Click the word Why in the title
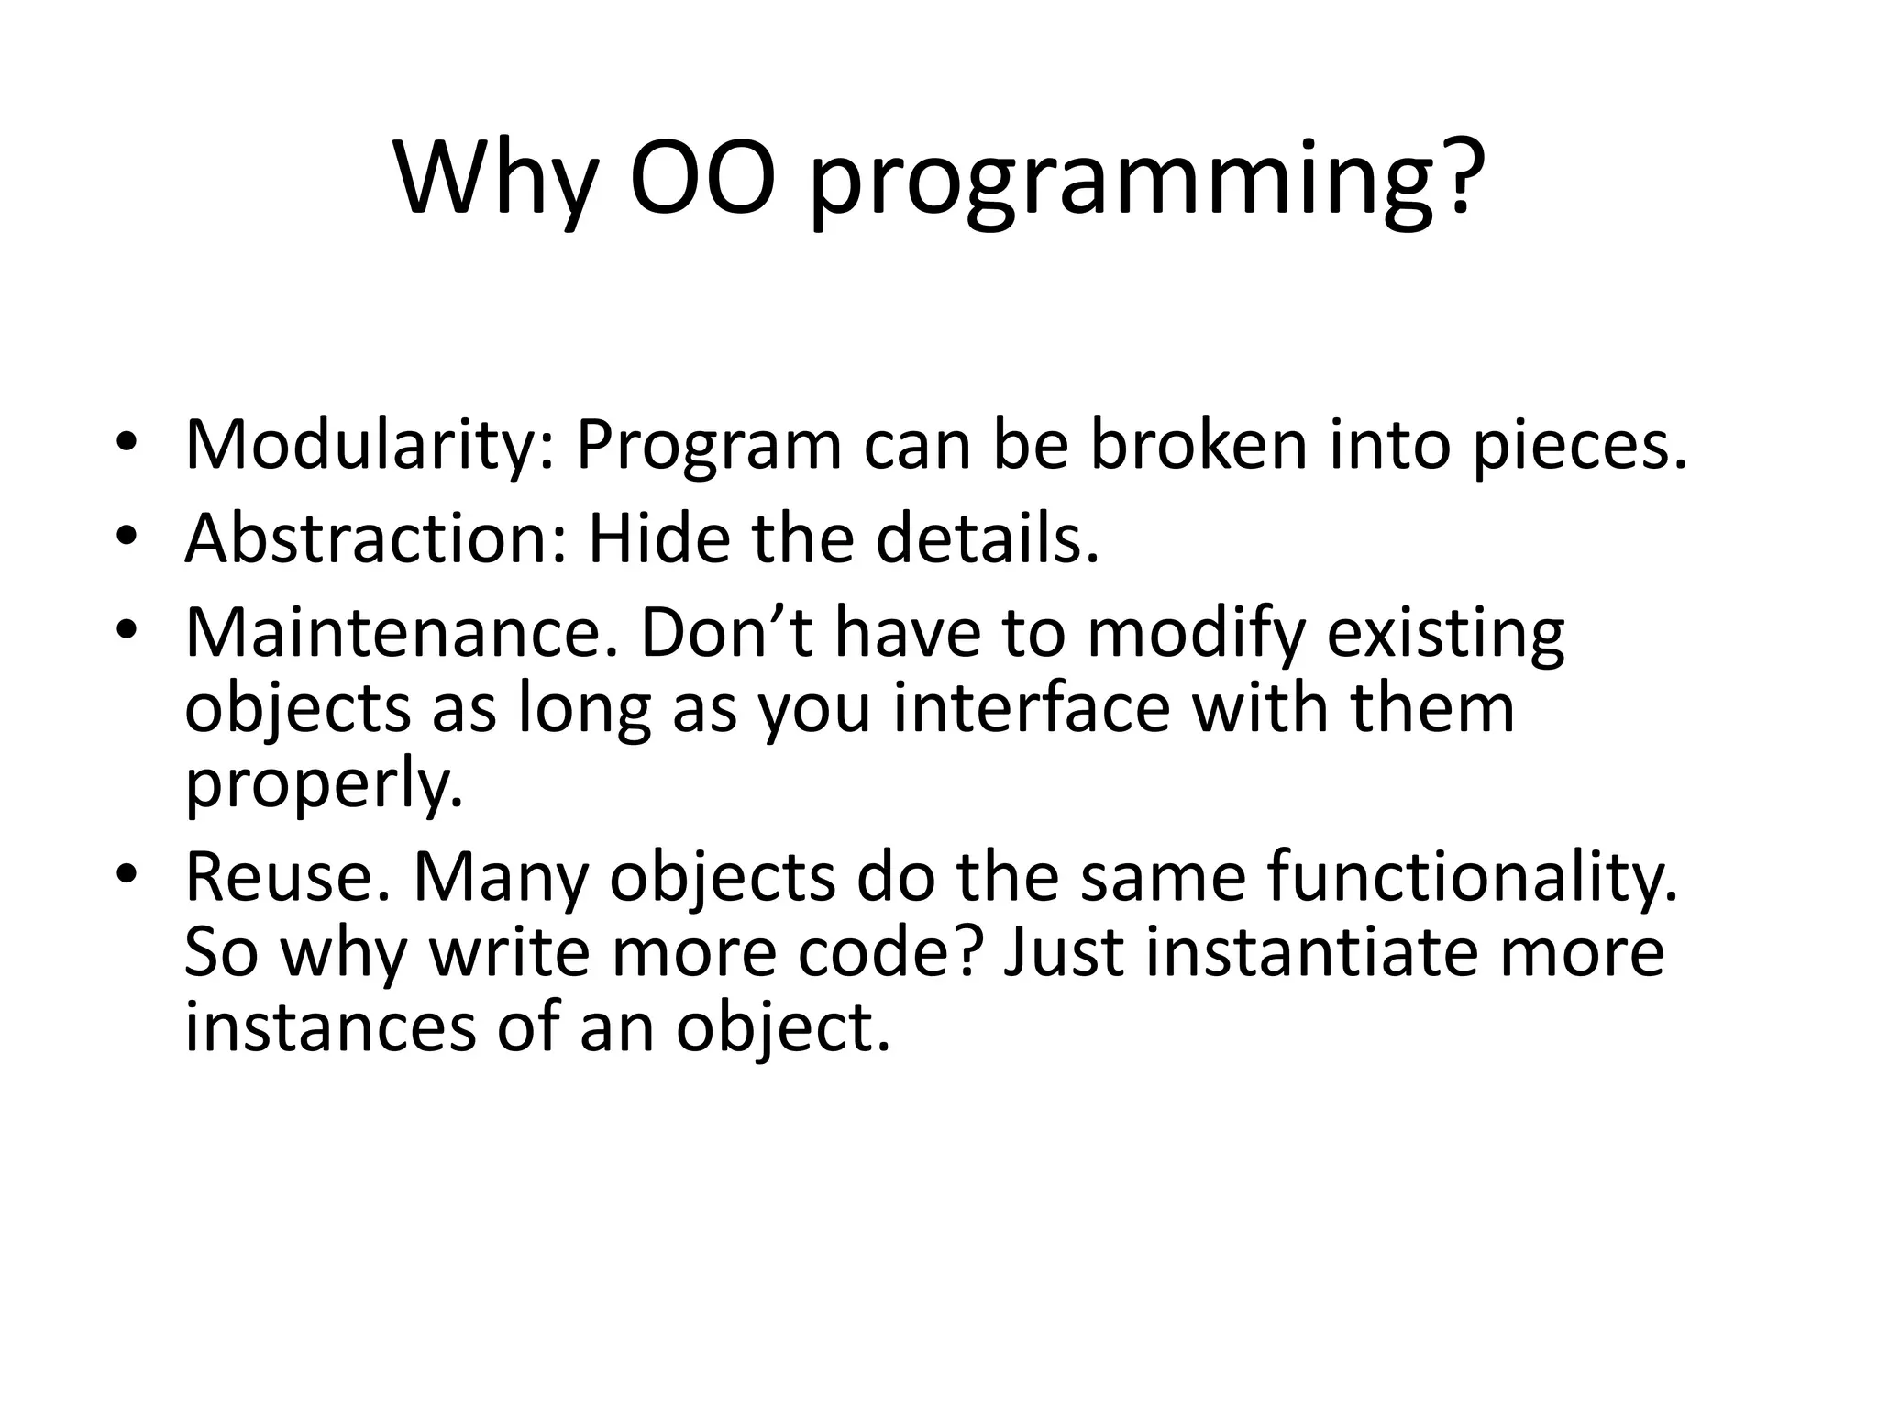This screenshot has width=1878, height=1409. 495,180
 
